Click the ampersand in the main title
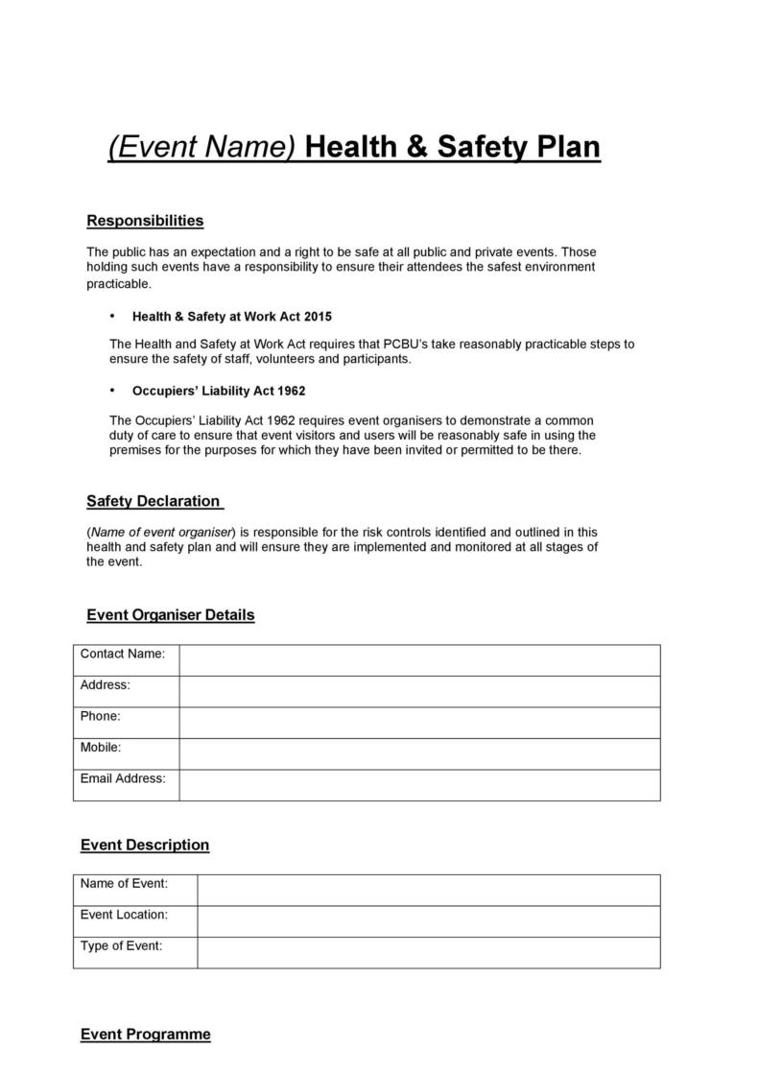pyautogui.click(x=417, y=148)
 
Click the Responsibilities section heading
pyautogui.click(x=145, y=221)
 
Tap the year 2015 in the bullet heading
pyautogui.click(x=317, y=316)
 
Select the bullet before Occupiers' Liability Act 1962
pyautogui.click(x=112, y=391)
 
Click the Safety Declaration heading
pyautogui.click(x=154, y=501)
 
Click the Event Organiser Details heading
pyautogui.click(x=170, y=614)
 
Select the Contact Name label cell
pyautogui.click(x=126, y=656)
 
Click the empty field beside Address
pyautogui.click(x=419, y=691)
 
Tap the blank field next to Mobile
pyautogui.click(x=419, y=753)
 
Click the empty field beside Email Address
pyautogui.click(x=419, y=784)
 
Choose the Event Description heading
pyautogui.click(x=144, y=845)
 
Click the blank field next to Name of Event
pyautogui.click(x=428, y=890)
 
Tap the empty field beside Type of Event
pyautogui.click(x=428, y=952)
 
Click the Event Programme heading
pyautogui.click(x=145, y=1034)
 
